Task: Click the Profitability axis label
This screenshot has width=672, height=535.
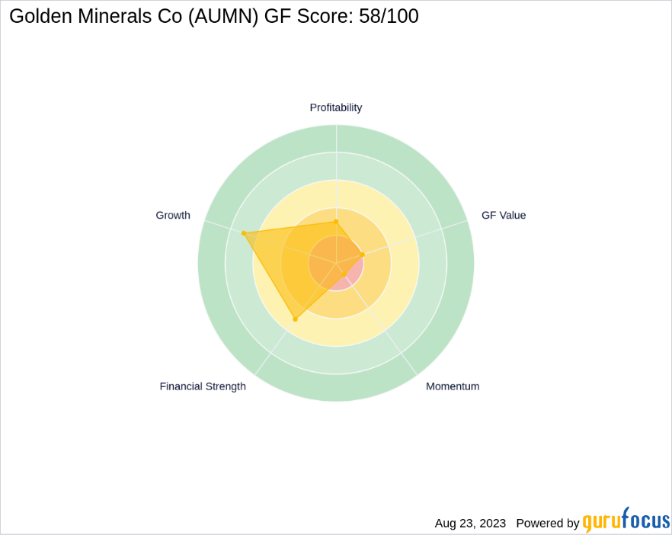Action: click(335, 107)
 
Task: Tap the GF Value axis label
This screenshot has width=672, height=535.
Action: click(504, 215)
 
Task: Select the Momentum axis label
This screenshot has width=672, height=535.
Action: click(453, 386)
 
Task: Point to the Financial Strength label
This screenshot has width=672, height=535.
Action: click(203, 386)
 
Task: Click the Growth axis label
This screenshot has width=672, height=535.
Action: click(173, 215)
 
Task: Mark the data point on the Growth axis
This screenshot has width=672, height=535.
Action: click(243, 233)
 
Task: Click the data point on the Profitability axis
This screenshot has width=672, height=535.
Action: click(336, 221)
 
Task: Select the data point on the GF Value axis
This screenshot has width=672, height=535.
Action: click(362, 255)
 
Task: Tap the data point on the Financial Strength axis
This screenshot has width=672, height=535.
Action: click(296, 319)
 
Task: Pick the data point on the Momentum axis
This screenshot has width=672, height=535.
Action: click(344, 274)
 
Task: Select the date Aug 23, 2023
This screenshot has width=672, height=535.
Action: click(470, 524)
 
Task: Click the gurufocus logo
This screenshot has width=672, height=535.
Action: click(626, 521)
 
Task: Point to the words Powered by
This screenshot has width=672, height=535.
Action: click(547, 524)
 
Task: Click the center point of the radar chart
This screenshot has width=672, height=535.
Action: click(336, 263)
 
